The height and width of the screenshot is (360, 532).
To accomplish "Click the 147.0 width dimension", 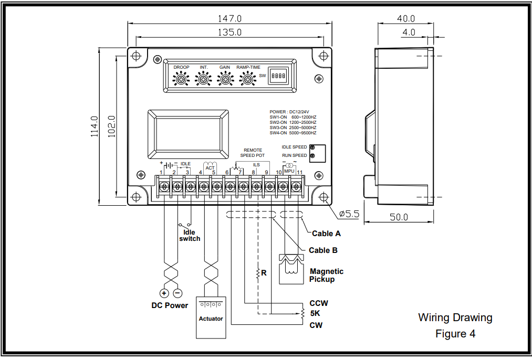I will point(230,18).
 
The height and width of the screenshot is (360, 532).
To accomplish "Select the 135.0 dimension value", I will point(230,32).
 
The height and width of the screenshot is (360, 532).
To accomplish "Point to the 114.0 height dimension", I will point(95,126).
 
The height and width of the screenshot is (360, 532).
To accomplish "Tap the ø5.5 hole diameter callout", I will point(349,214).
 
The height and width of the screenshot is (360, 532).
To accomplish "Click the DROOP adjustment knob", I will point(182,79).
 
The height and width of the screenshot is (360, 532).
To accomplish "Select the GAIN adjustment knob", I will point(225,79).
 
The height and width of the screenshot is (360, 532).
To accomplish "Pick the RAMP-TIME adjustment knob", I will point(247,79).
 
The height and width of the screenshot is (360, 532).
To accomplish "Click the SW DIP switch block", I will point(278,76).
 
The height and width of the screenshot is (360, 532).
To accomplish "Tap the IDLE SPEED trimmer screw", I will point(313,147).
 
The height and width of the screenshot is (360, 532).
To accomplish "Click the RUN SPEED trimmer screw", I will point(313,156).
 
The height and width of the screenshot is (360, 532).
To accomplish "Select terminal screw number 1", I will point(163,186).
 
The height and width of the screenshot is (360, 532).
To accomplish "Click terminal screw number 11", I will point(297,186).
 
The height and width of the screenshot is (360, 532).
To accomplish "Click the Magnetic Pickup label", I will point(326,275).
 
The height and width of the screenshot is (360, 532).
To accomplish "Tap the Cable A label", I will point(326,234).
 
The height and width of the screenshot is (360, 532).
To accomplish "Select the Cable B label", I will point(323,250).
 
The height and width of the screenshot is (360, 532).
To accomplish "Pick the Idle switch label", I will point(190,235).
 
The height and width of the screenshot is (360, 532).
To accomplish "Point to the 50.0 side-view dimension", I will point(399,217).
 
